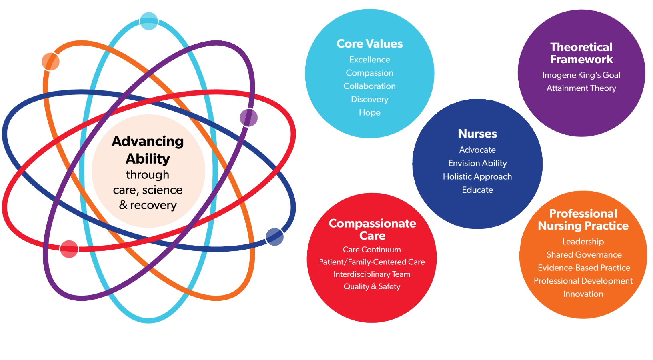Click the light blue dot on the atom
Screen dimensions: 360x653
[x=148, y=21]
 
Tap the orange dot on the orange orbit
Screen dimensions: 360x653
[x=51, y=62]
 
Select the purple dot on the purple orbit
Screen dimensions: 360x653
[x=248, y=118]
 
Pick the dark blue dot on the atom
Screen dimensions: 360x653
[x=274, y=237]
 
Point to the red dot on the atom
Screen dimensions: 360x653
[x=69, y=249]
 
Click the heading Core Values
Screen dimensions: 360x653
[x=369, y=44]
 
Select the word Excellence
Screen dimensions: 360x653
[x=369, y=60]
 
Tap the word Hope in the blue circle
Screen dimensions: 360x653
[x=369, y=112]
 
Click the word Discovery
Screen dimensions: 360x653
[x=369, y=99]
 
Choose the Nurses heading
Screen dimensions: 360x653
[x=477, y=134]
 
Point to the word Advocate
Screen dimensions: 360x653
[x=477, y=150]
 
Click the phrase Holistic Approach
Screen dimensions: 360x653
[x=477, y=176]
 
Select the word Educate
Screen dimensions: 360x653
[x=477, y=190]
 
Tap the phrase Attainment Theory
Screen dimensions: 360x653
[x=581, y=88]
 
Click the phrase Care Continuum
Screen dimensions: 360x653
[x=372, y=250]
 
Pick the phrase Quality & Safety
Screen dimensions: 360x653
[x=372, y=286]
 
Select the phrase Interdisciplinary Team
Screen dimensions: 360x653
[x=372, y=274]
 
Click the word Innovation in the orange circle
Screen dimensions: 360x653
[x=583, y=294]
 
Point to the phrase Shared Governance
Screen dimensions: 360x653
[x=584, y=255]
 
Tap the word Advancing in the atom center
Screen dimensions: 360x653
[x=148, y=141]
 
